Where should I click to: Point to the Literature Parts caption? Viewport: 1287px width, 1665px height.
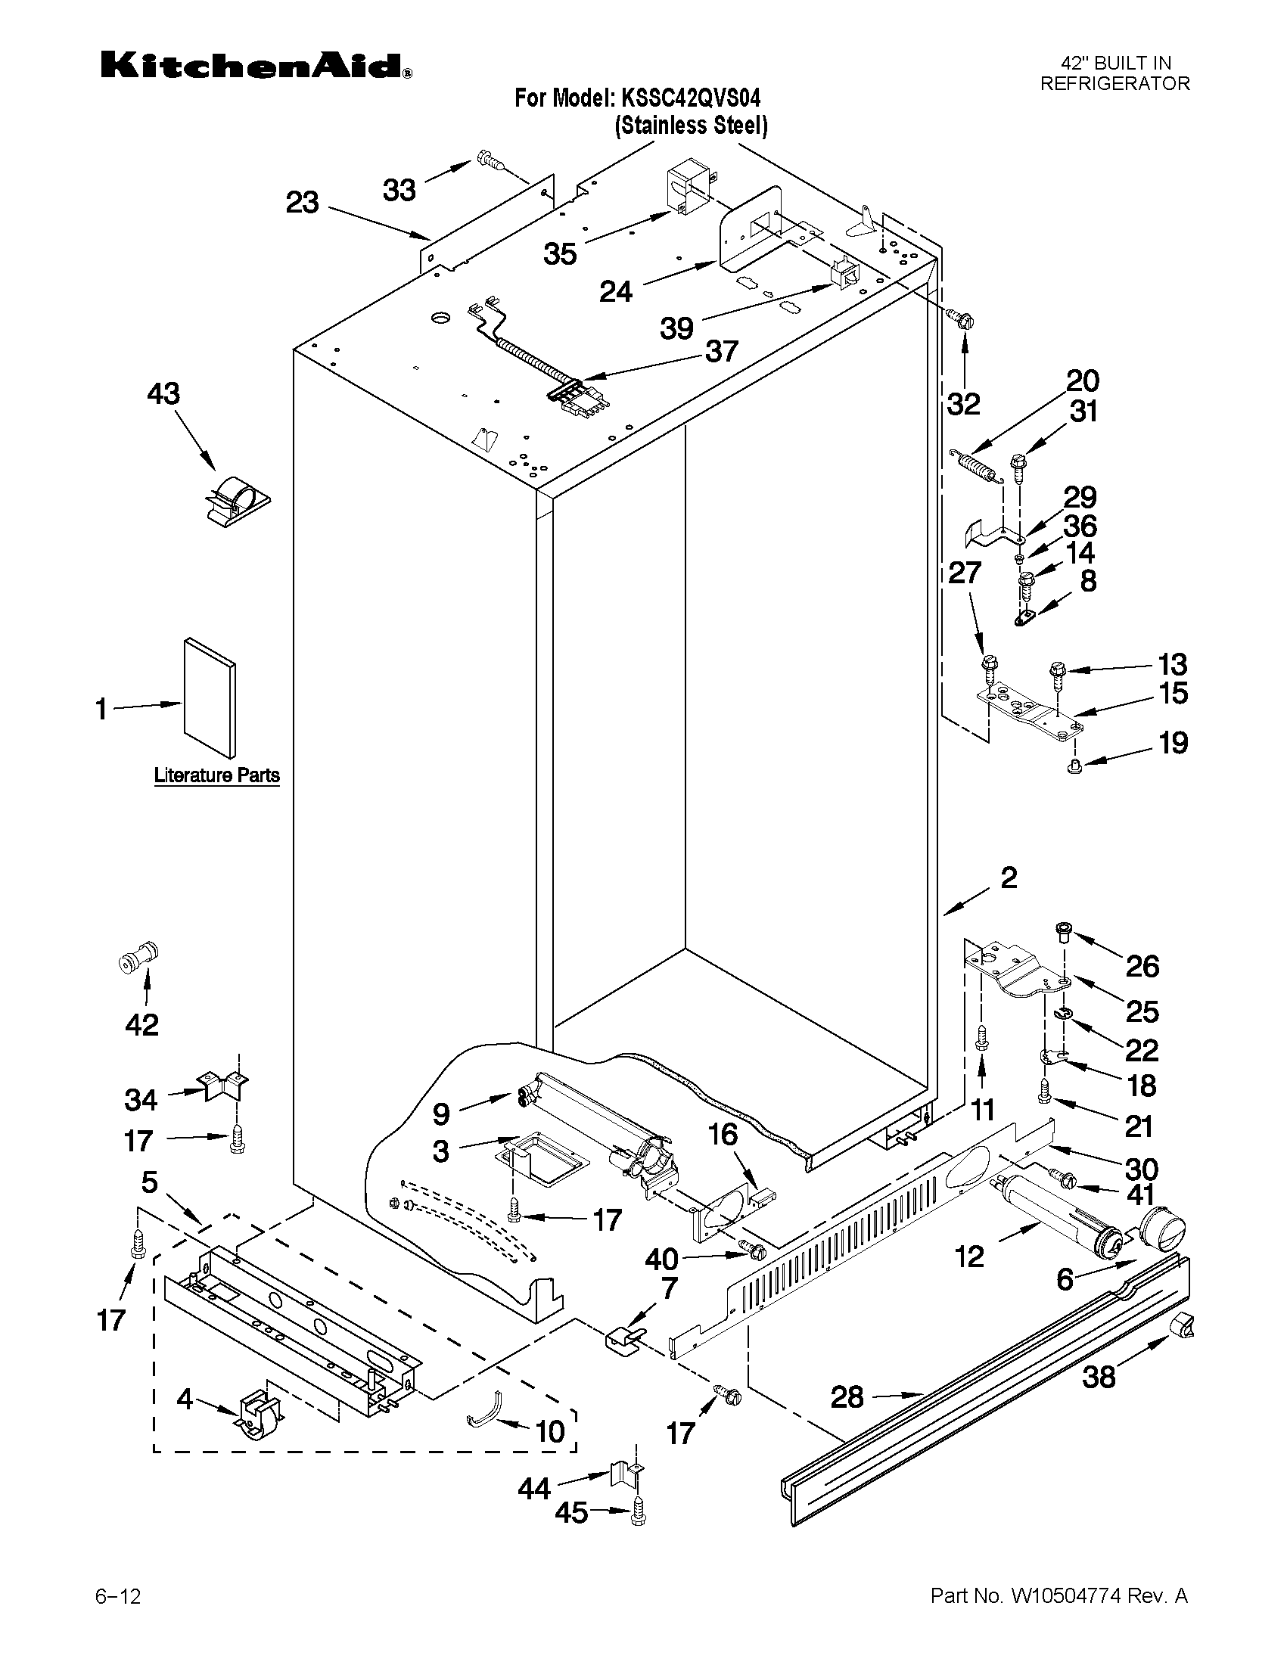click(216, 775)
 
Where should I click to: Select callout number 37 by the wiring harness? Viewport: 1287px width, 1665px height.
click(721, 352)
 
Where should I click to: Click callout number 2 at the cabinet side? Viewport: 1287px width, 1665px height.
click(1008, 878)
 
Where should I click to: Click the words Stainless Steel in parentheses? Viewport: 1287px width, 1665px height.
click(691, 125)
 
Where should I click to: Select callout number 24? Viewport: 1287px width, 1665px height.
click(615, 291)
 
